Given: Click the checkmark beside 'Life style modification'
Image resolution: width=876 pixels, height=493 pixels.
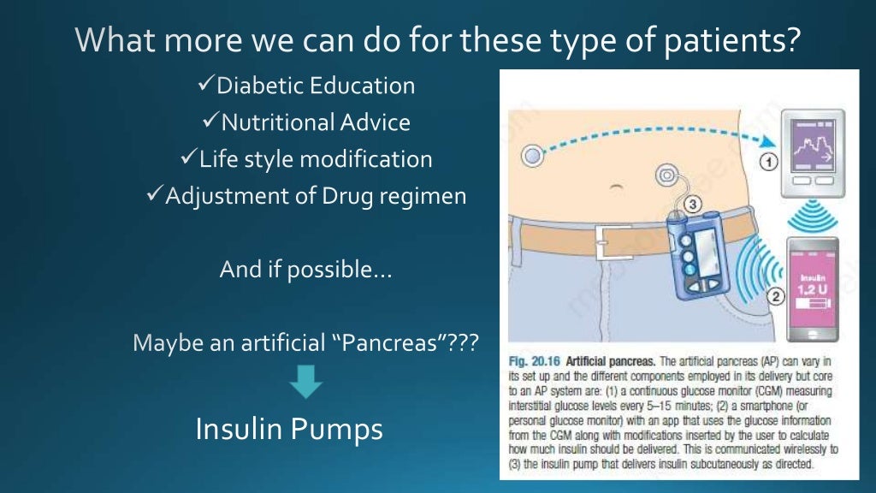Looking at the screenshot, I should tap(189, 159).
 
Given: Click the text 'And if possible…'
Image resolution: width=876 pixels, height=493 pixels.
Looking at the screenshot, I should tap(305, 270).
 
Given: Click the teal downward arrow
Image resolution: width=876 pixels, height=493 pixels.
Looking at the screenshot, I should tap(305, 382).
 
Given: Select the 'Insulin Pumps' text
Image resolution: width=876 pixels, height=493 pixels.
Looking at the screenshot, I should tap(289, 429).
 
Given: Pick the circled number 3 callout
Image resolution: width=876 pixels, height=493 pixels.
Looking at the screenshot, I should tap(693, 204).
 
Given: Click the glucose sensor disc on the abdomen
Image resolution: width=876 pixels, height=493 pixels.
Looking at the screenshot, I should tap(533, 157).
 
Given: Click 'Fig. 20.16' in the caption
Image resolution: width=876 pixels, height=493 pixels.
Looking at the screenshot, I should tap(536, 362).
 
